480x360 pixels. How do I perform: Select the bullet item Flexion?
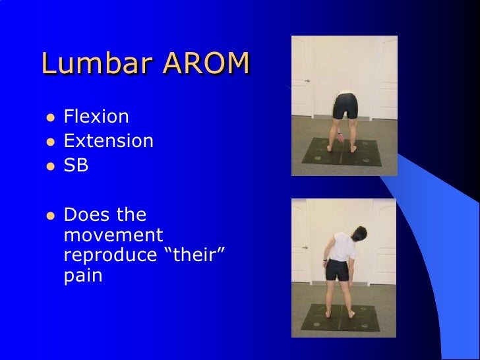(96, 117)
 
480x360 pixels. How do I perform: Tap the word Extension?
(109, 141)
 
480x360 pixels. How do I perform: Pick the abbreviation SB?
(76, 165)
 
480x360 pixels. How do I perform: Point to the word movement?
(113, 235)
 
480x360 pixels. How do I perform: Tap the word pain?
(83, 276)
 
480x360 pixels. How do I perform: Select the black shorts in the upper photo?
(346, 105)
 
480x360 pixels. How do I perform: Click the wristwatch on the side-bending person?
(326, 264)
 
